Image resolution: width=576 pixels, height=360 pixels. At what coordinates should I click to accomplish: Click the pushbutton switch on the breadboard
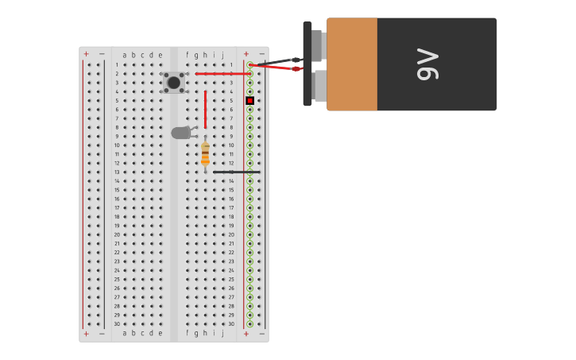click(x=174, y=82)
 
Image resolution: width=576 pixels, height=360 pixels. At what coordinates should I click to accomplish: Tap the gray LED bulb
click(x=180, y=133)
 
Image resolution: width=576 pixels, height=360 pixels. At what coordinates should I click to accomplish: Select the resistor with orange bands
click(x=205, y=153)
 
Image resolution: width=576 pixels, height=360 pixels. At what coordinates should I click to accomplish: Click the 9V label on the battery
click(x=427, y=64)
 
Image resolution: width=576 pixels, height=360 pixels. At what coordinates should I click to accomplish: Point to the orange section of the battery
click(x=352, y=64)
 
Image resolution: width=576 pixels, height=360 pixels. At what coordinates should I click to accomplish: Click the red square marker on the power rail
click(x=249, y=100)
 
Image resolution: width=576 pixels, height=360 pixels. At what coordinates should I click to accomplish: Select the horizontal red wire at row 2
click(x=222, y=74)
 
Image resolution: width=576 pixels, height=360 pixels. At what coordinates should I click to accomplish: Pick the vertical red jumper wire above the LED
click(x=205, y=109)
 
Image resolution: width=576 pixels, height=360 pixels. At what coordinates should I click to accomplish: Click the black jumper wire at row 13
click(x=236, y=172)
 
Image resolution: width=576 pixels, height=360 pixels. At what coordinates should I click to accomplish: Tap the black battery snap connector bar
click(x=307, y=64)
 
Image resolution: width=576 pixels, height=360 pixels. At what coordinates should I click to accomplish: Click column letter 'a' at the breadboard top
click(x=125, y=55)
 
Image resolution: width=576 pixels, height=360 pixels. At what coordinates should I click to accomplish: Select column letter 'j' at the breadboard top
click(x=222, y=55)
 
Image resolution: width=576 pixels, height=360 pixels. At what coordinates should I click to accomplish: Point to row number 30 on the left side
click(x=117, y=323)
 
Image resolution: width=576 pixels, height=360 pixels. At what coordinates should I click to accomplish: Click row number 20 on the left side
click(x=117, y=234)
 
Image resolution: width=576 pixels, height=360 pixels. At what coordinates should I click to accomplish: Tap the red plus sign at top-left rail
click(x=86, y=54)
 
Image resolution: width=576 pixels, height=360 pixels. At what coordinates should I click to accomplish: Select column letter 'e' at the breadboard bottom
click(x=160, y=334)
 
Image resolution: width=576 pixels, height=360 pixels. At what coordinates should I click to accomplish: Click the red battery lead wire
click(x=274, y=68)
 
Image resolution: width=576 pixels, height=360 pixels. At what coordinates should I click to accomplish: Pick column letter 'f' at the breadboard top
click(x=187, y=55)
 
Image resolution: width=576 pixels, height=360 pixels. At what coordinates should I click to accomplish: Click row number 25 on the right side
click(x=231, y=279)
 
